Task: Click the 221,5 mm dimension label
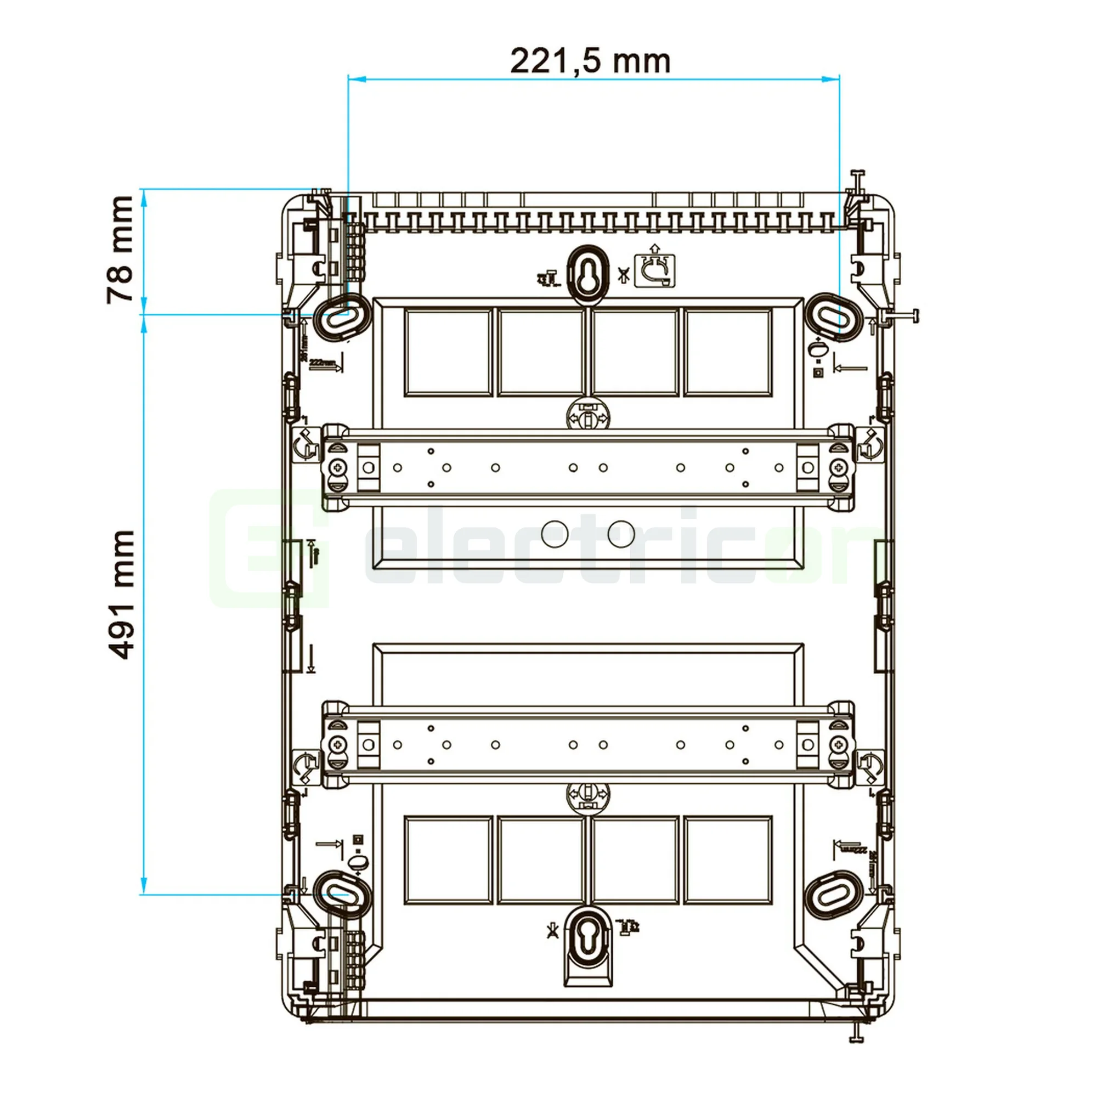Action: click(590, 61)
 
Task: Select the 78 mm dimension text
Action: click(120, 250)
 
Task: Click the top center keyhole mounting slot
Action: click(587, 271)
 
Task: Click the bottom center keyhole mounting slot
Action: click(587, 937)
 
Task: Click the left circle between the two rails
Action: click(555, 533)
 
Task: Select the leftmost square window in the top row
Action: click(448, 352)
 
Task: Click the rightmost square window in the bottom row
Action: click(727, 860)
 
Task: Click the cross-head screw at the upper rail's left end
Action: click(338, 467)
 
